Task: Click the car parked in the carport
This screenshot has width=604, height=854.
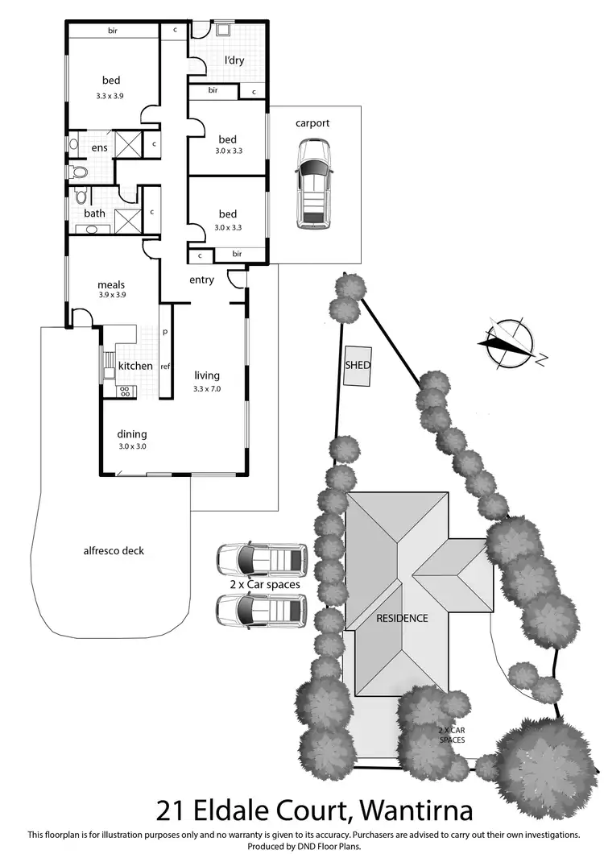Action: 313,182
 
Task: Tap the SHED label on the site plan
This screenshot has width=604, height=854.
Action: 358,365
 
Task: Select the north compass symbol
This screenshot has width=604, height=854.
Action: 509,342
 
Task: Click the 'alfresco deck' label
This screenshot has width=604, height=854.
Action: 114,551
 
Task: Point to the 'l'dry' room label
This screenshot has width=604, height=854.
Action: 234,60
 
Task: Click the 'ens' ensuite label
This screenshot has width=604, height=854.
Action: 99,147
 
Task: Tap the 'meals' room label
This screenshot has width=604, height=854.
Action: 110,284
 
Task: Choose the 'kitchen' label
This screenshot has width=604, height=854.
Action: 135,366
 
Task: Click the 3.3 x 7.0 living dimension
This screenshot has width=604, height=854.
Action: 207,389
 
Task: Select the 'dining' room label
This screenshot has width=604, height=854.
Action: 133,433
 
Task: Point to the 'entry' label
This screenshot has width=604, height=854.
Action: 201,280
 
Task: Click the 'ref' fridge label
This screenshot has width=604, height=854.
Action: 165,366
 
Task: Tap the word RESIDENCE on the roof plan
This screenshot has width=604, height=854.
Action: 402,619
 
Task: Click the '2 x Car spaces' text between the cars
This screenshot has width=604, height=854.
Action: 259,584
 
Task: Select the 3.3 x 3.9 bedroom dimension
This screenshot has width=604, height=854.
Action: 111,96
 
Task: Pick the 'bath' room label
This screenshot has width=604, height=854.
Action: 94,213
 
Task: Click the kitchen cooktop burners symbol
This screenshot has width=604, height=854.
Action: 126,392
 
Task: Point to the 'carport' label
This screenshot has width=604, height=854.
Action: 312,123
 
